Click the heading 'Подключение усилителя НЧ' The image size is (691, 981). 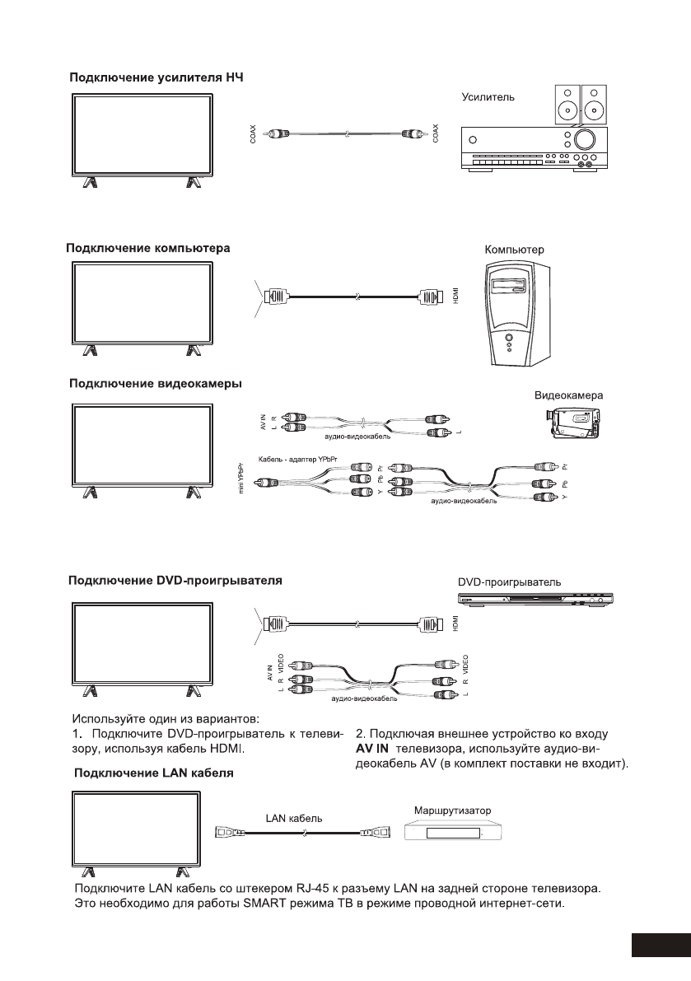(x=156, y=78)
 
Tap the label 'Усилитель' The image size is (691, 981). (x=488, y=96)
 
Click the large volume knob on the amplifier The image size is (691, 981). (x=586, y=138)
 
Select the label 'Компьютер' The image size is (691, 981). (x=514, y=248)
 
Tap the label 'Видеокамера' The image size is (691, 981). (x=569, y=395)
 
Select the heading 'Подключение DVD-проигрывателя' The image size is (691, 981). (x=175, y=581)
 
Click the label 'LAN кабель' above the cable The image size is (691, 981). (x=294, y=819)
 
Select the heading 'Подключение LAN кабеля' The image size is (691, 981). (x=154, y=773)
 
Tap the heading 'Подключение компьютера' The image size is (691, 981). (x=147, y=247)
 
